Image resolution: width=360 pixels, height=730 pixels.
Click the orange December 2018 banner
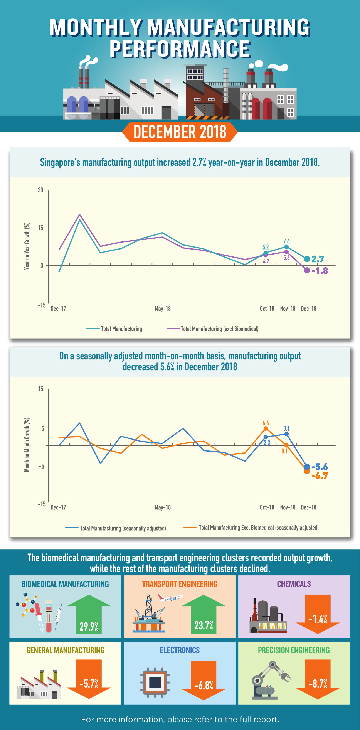tap(180, 132)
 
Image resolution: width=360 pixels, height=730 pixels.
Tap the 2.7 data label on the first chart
tap(318, 259)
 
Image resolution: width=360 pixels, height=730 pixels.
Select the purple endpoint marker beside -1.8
tap(307, 271)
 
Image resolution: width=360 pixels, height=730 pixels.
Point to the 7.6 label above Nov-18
tap(286, 241)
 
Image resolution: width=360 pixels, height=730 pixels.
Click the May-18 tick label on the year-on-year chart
tap(163, 309)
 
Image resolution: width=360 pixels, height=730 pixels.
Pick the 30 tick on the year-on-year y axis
tap(40, 190)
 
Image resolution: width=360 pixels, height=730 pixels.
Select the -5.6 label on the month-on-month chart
tap(320, 467)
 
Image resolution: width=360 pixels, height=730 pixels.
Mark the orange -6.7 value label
tap(320, 476)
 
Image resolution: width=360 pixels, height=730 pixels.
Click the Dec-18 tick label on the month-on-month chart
tap(308, 507)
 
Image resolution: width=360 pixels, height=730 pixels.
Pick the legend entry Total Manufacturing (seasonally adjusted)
tap(123, 528)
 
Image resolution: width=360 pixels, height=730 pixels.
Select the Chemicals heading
tap(294, 584)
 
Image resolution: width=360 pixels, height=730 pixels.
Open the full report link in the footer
tap(258, 719)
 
